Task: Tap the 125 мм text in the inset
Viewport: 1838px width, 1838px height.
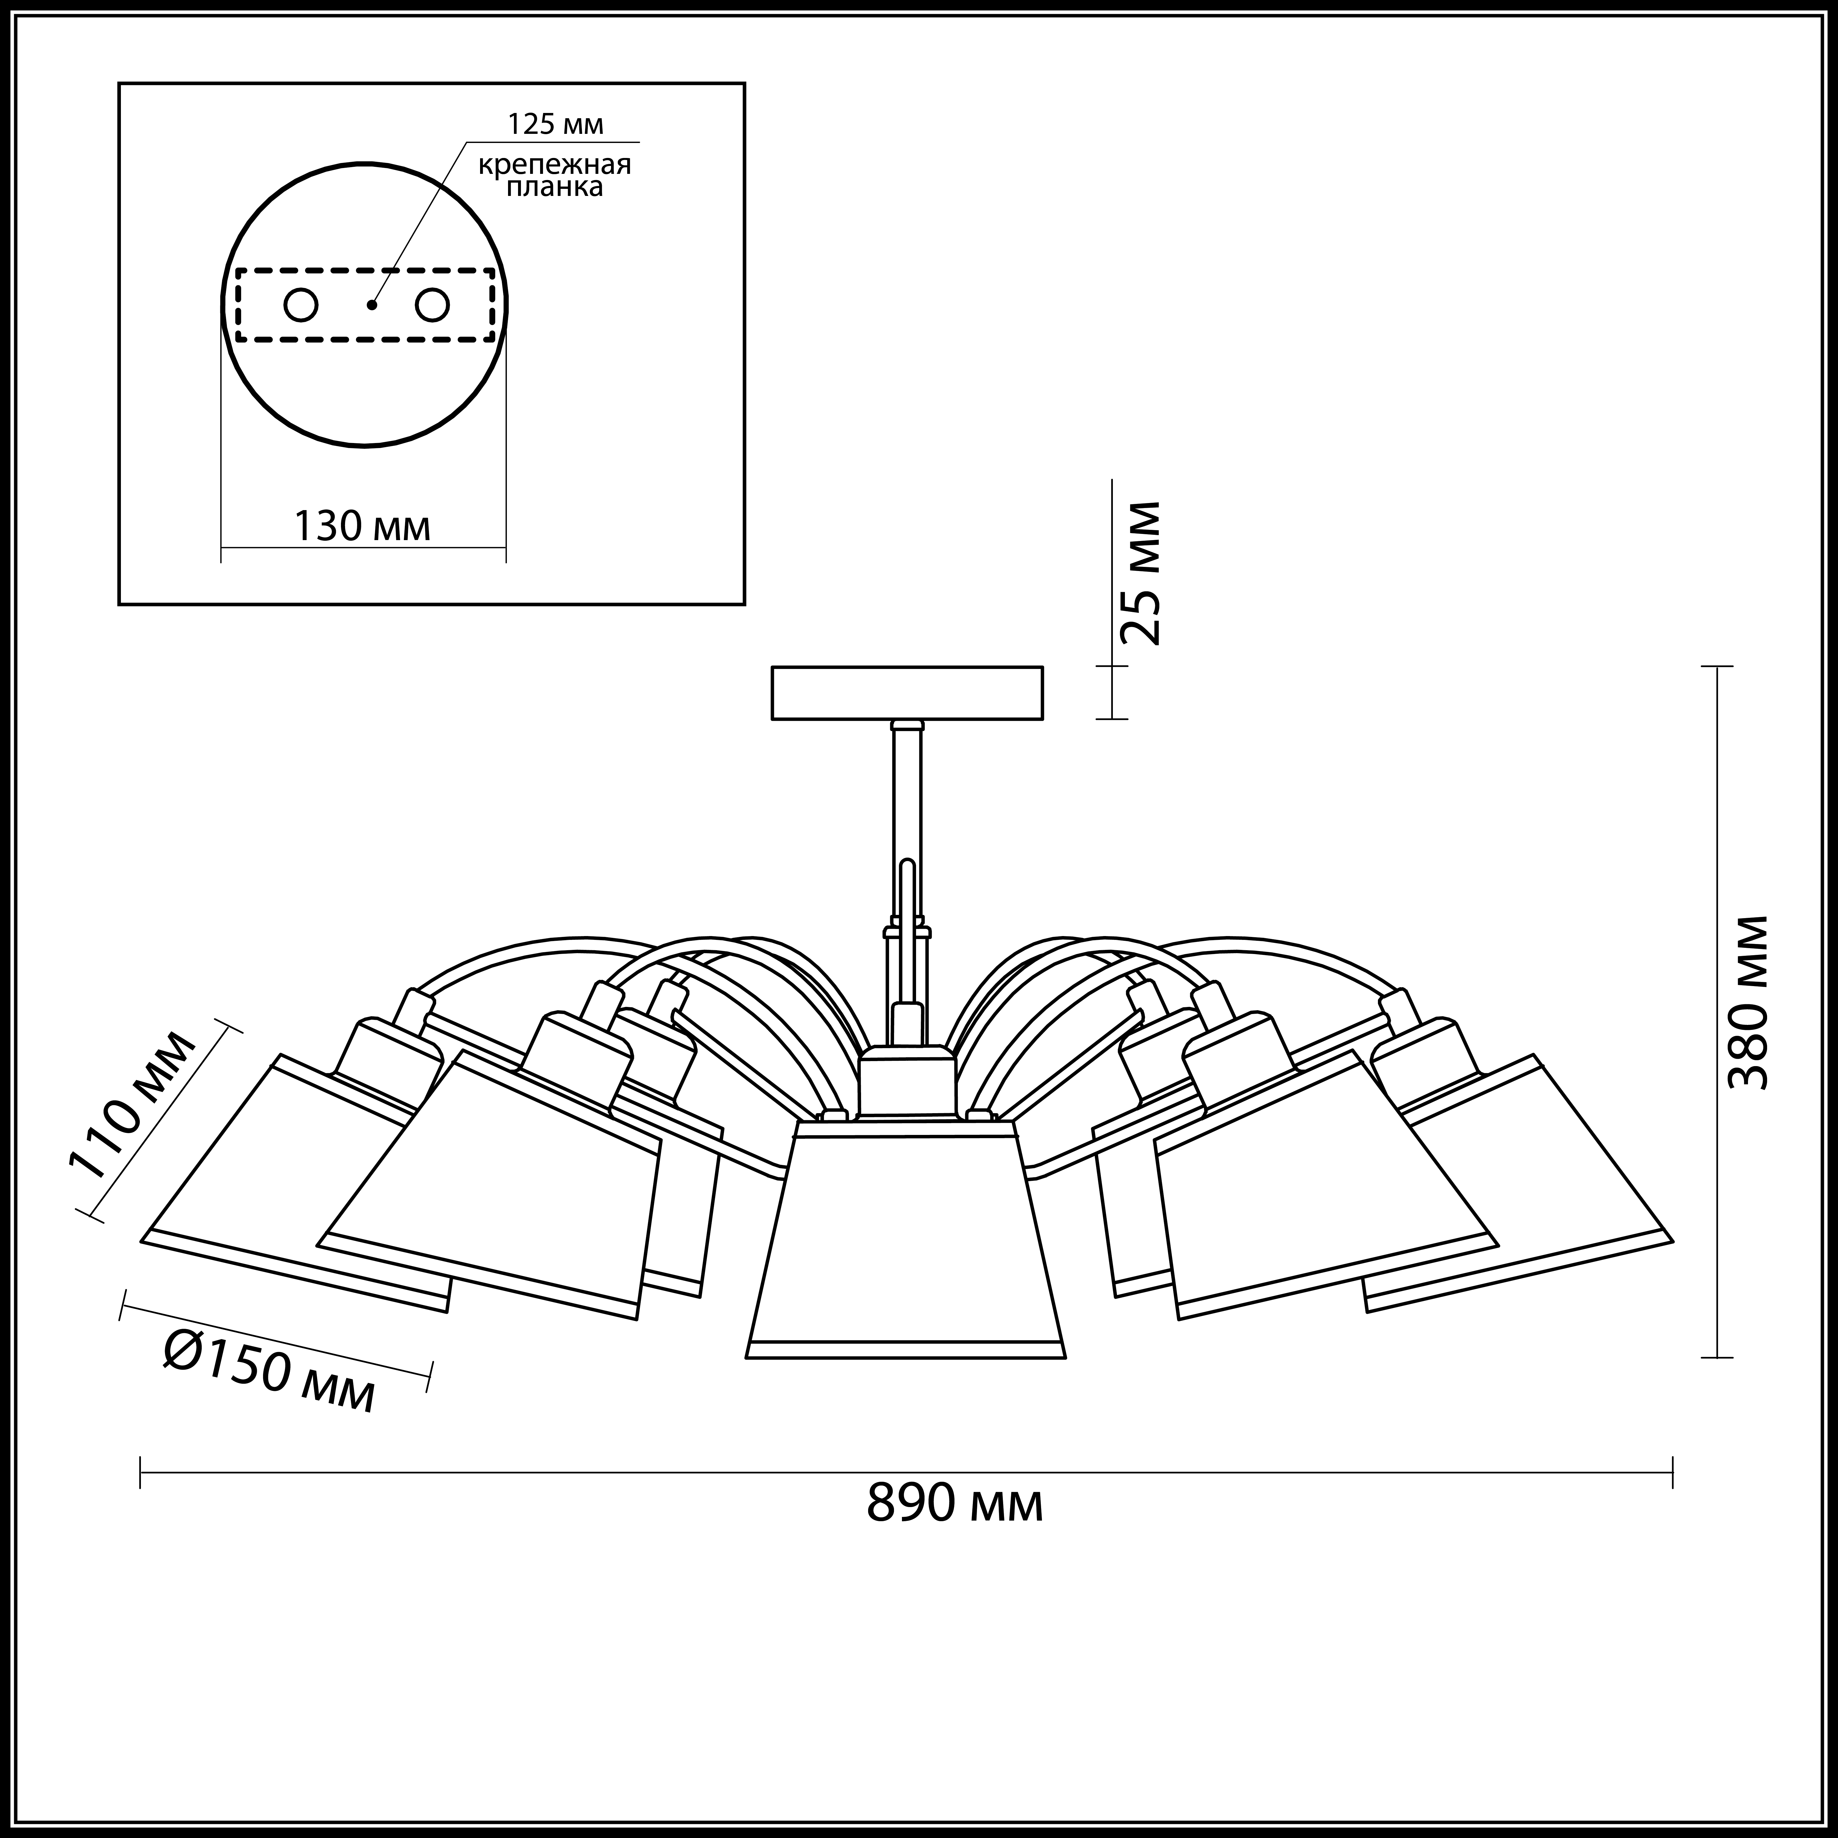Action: click(x=556, y=125)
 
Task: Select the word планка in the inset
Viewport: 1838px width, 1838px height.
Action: click(x=555, y=187)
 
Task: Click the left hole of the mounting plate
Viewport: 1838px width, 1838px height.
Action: click(x=302, y=305)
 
